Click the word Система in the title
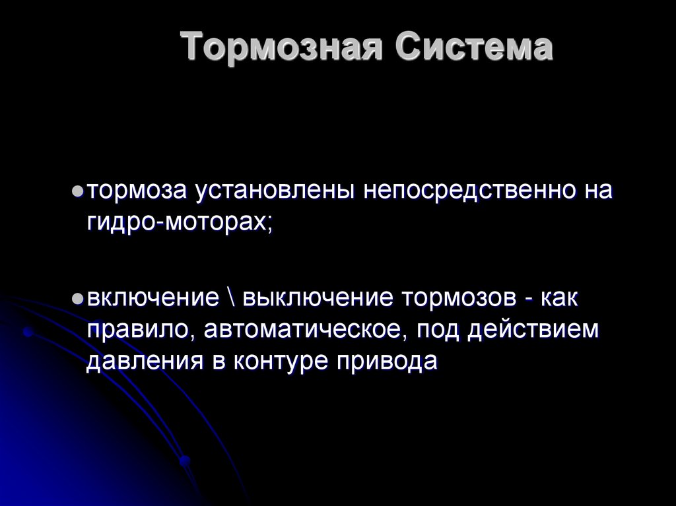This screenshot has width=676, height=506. [474, 48]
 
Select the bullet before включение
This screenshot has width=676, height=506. [77, 300]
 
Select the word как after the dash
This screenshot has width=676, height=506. [560, 298]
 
